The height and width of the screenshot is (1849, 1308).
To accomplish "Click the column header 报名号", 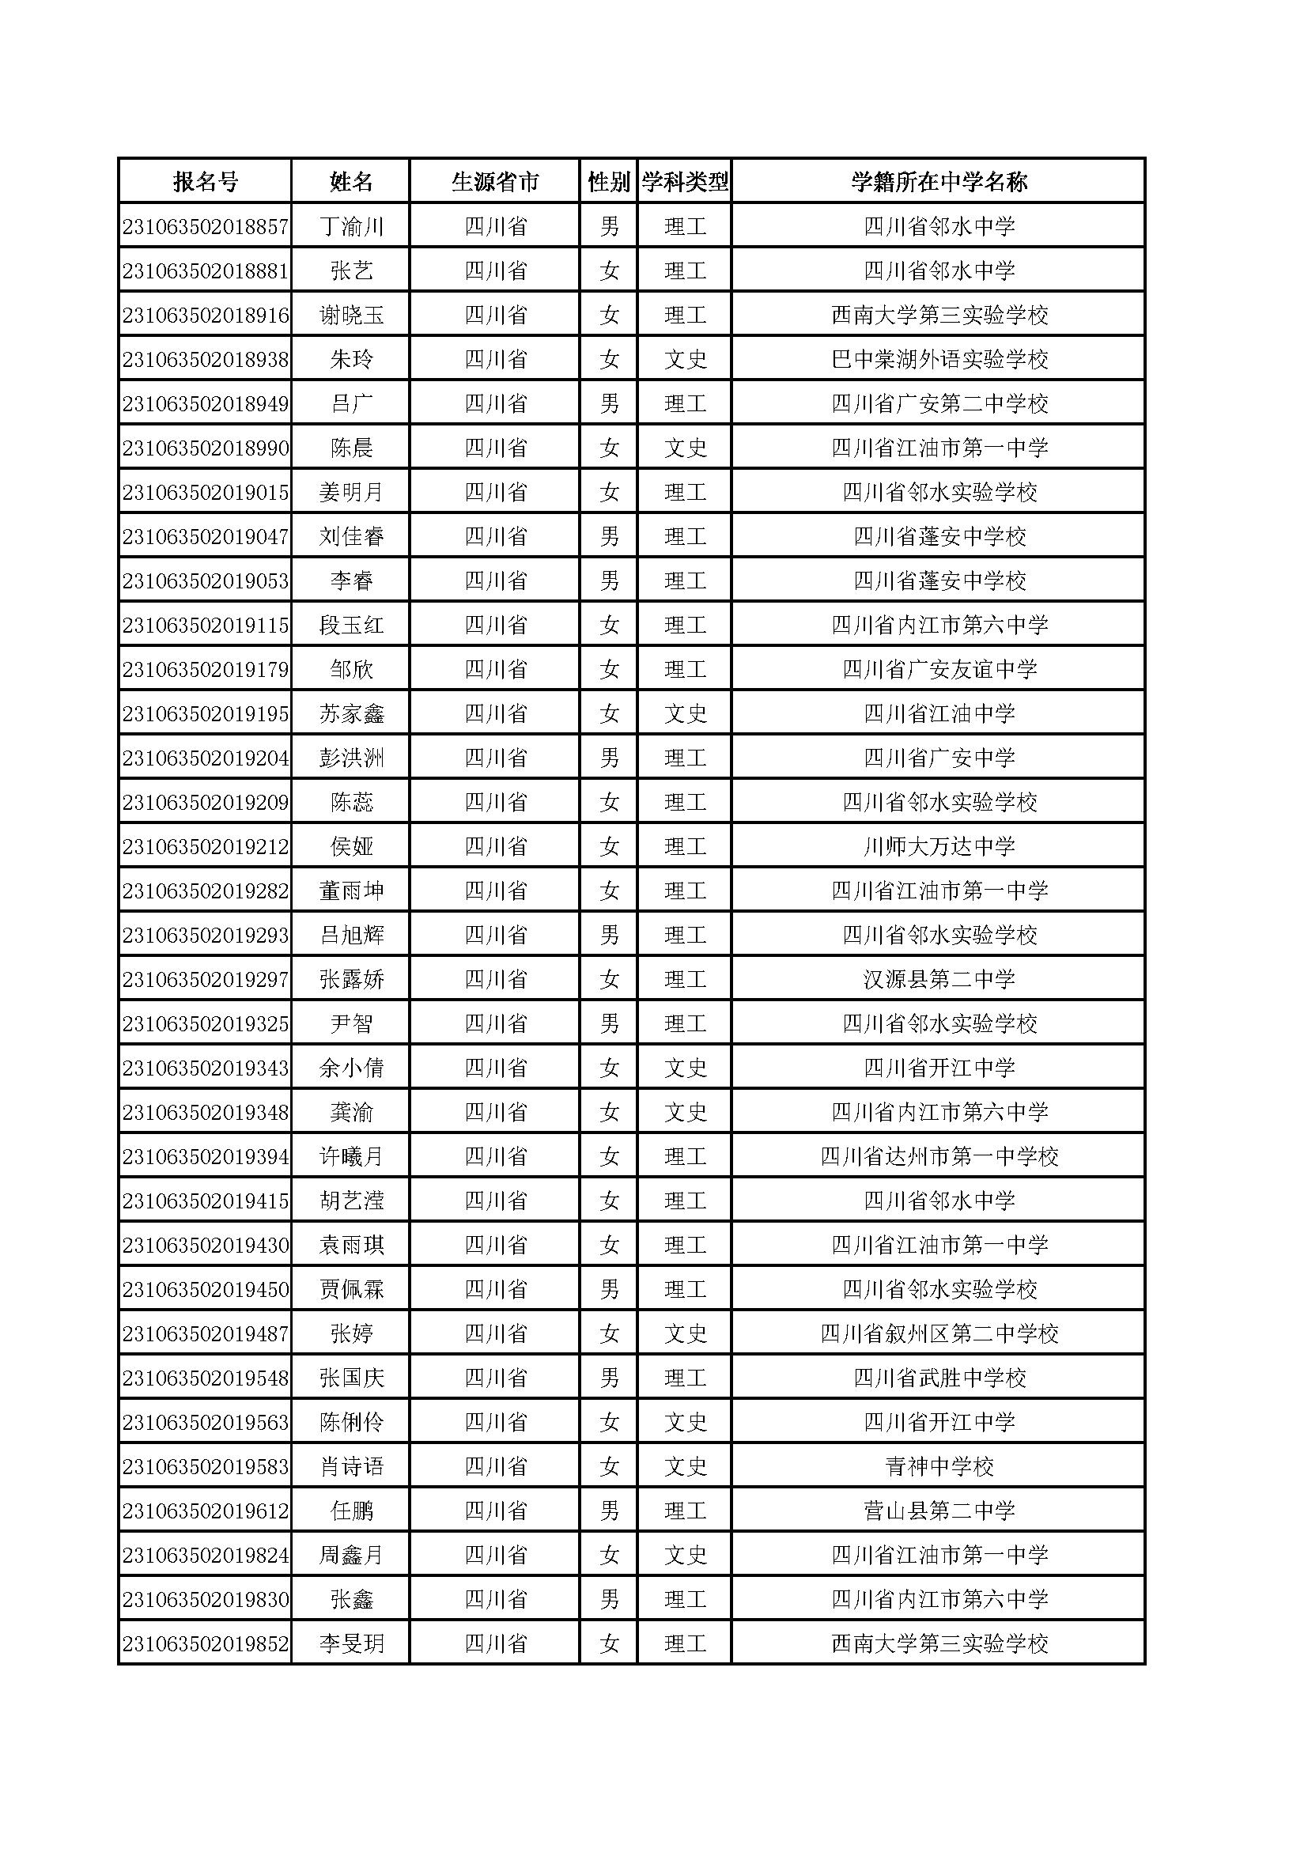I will [206, 182].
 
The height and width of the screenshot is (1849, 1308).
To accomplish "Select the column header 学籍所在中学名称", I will [939, 182].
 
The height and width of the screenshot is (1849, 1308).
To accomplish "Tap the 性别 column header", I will [609, 182].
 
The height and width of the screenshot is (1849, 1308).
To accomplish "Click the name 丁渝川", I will [351, 226].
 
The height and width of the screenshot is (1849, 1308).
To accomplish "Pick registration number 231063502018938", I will [206, 359].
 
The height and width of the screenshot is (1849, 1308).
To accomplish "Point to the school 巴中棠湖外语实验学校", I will [939, 359].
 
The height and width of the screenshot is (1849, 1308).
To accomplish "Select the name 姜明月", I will [351, 492].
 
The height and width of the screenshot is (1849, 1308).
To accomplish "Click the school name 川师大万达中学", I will [939, 846].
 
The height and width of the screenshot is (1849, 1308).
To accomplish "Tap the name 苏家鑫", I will [351, 713].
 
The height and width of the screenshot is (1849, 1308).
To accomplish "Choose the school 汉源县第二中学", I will [939, 979].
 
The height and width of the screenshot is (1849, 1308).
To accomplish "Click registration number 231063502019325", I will [206, 1023].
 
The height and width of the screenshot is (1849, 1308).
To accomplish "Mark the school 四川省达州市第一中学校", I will [939, 1156].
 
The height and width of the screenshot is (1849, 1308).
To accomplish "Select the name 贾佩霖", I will [351, 1289].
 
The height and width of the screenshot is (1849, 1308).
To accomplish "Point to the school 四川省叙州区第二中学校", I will [939, 1333].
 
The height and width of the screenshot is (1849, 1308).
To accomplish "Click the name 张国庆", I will [351, 1378].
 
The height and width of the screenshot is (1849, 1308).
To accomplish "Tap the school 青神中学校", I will [939, 1466].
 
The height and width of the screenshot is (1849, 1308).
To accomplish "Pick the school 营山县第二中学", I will [939, 1511].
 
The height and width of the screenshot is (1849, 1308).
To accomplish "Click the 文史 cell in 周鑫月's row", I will [685, 1555].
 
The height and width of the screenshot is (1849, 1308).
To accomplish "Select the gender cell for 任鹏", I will [609, 1511].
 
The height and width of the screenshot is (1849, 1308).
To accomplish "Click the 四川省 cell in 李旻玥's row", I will [495, 1643].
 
